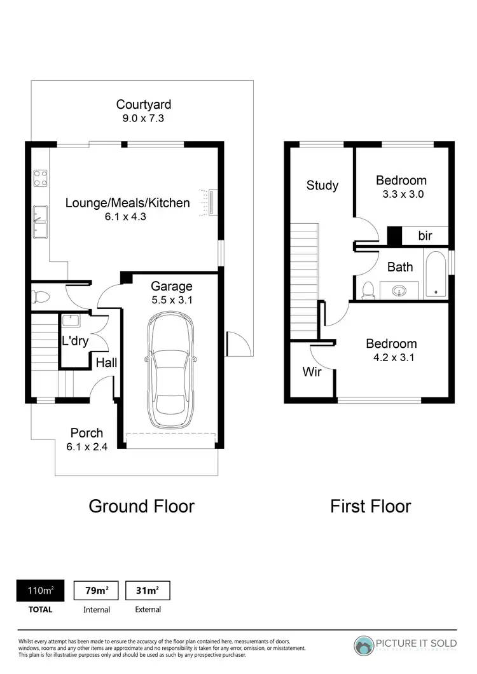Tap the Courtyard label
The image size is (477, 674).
click(143, 104)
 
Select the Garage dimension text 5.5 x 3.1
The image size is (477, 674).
click(171, 300)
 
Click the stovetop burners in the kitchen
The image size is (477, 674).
click(41, 177)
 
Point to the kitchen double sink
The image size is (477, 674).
click(41, 221)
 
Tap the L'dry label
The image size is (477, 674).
click(76, 341)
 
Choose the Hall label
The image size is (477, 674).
click(106, 362)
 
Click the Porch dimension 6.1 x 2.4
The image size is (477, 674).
click(86, 446)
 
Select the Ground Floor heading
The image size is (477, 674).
click(141, 506)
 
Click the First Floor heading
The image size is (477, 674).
click(370, 506)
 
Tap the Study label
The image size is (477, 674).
click(322, 186)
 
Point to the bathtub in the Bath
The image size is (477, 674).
click(436, 274)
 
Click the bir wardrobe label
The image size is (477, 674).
click(425, 236)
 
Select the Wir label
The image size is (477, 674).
click(312, 372)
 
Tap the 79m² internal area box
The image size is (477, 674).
click(97, 591)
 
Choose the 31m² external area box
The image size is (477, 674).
click(148, 591)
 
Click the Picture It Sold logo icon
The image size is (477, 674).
click(364, 645)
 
